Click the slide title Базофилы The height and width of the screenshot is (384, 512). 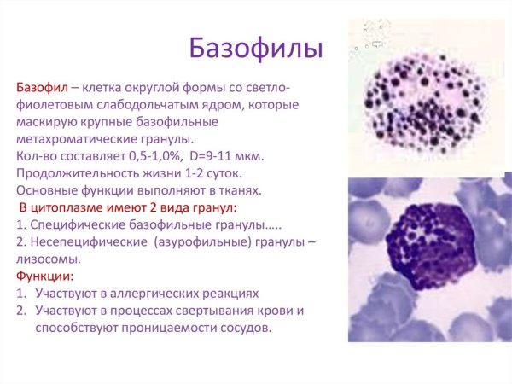[x=255, y=47]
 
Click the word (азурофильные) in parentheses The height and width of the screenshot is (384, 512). [x=201, y=241]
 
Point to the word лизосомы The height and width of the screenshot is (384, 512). [x=49, y=259]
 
